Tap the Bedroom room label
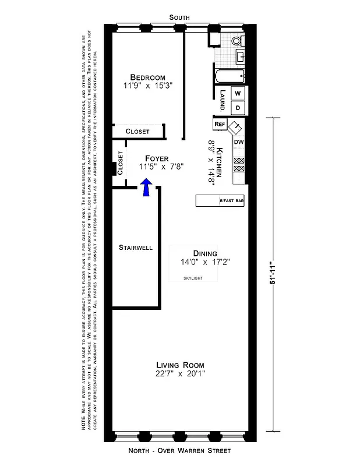[147, 77]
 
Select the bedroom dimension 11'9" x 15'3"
[147, 86]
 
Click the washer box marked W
[237, 93]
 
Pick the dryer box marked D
[237, 108]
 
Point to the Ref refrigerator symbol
[220, 124]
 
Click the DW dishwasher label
[238, 142]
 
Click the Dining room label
[205, 253]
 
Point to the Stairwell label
[135, 247]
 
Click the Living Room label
[180, 365]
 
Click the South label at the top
[179, 18]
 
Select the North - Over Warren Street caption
[179, 451]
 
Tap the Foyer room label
[157, 158]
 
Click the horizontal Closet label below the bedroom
[137, 132]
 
